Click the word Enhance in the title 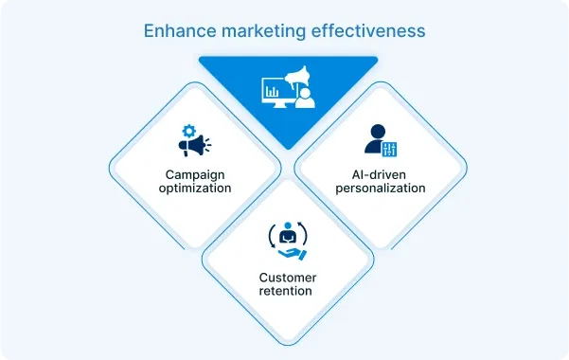click(x=179, y=30)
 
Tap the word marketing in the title click(x=263, y=30)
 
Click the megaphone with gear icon click(x=194, y=141)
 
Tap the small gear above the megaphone click(x=187, y=131)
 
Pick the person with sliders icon click(x=382, y=139)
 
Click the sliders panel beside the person click(x=390, y=147)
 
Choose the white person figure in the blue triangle click(x=305, y=96)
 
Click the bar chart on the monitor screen click(x=272, y=91)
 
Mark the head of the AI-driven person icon click(x=376, y=131)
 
